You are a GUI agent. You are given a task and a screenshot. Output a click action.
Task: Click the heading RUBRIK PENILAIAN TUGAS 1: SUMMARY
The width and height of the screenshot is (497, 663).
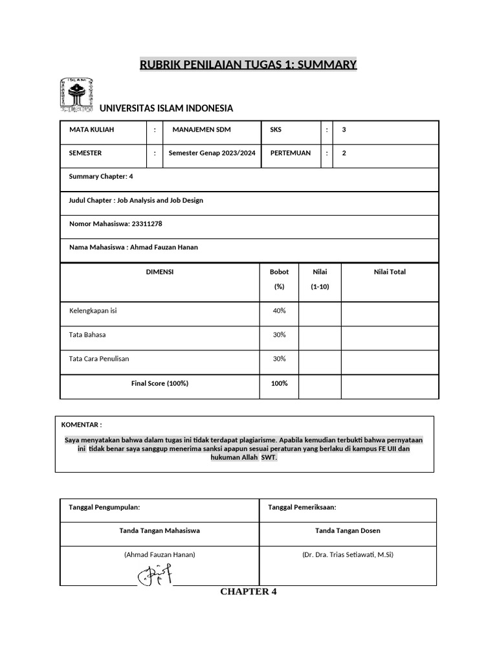pos(248,64)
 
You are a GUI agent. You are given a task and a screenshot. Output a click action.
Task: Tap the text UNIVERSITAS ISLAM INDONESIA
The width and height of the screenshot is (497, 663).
pos(166,108)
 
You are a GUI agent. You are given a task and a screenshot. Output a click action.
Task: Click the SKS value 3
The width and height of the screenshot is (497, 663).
pos(344,129)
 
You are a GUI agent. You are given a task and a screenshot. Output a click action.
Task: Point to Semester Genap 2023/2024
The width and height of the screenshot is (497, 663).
pos(212,153)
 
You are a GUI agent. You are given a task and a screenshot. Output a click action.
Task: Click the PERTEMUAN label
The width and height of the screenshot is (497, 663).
pos(290,153)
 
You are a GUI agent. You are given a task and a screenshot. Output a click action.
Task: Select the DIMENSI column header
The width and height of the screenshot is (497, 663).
pos(160,272)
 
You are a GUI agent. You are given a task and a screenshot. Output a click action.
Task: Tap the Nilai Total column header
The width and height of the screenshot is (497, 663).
pos(390,272)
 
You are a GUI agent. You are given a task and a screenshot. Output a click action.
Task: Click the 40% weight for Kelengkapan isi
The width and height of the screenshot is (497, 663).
pos(279,311)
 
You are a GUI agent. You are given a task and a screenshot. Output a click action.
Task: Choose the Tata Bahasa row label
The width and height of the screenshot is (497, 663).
pos(87,335)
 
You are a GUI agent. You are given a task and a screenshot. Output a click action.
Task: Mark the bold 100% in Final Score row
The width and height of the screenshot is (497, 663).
pos(279,383)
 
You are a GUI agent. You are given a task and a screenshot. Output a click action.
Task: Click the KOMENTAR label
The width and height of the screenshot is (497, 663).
pos(81,425)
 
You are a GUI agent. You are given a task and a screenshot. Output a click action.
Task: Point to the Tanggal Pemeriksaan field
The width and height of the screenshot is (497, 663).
pos(302,507)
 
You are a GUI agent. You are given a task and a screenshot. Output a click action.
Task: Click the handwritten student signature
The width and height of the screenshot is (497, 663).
pos(155,574)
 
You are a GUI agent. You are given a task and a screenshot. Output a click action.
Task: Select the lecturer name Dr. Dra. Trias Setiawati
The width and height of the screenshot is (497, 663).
pos(348,555)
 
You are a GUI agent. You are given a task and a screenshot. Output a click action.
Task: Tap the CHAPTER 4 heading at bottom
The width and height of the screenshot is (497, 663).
pos(248,592)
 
